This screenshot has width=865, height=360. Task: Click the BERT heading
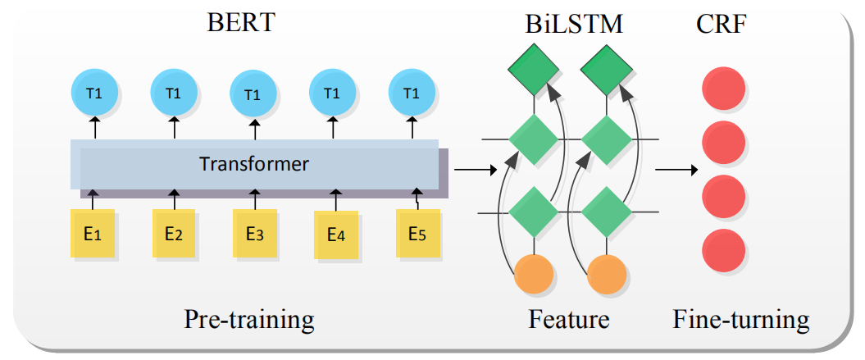[240, 22]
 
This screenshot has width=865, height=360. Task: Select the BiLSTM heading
[575, 24]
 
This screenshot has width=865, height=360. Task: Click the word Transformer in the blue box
[254, 164]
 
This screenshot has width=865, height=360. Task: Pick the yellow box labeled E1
[92, 235]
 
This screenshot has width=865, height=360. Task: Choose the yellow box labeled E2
[173, 235]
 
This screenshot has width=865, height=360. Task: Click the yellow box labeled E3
[254, 235]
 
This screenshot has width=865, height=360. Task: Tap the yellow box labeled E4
[335, 235]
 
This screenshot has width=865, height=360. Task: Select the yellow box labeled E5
[417, 234]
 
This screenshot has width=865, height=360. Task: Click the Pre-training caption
[249, 319]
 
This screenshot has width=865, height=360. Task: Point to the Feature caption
[569, 319]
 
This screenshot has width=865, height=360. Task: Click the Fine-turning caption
[741, 319]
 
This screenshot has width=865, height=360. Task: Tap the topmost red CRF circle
[724, 89]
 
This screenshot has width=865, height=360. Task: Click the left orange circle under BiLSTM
[535, 273]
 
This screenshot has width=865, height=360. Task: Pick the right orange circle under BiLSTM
[608, 273]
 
